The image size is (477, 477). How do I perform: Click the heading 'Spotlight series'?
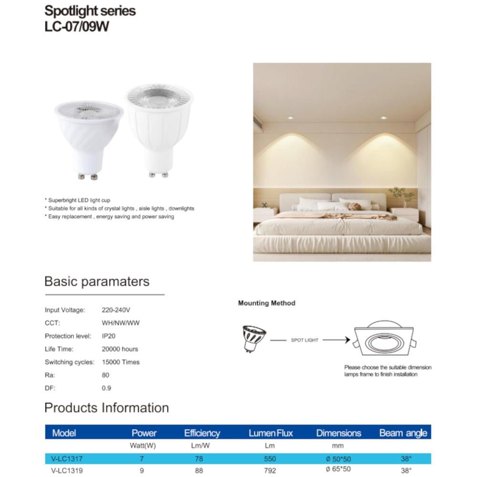pos(90,11)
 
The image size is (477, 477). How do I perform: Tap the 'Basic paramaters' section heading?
pos(97,281)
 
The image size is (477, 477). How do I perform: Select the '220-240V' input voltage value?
pos(116,310)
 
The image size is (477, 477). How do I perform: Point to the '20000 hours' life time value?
pos(120,349)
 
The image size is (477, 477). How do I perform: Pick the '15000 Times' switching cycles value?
pos(121,362)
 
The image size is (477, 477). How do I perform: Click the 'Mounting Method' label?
pos(267,303)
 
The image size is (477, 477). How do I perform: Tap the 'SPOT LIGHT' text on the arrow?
pos(304,340)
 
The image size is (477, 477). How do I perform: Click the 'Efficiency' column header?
pos(202,433)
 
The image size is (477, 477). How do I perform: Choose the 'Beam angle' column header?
pos(403,433)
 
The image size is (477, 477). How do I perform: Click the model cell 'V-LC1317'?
pos(67,459)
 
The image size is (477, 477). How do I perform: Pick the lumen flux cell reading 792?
pos(270,469)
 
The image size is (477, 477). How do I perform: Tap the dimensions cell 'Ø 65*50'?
pos(338,469)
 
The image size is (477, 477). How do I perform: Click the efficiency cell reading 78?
pos(199,459)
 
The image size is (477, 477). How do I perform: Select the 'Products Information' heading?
pos(106,408)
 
